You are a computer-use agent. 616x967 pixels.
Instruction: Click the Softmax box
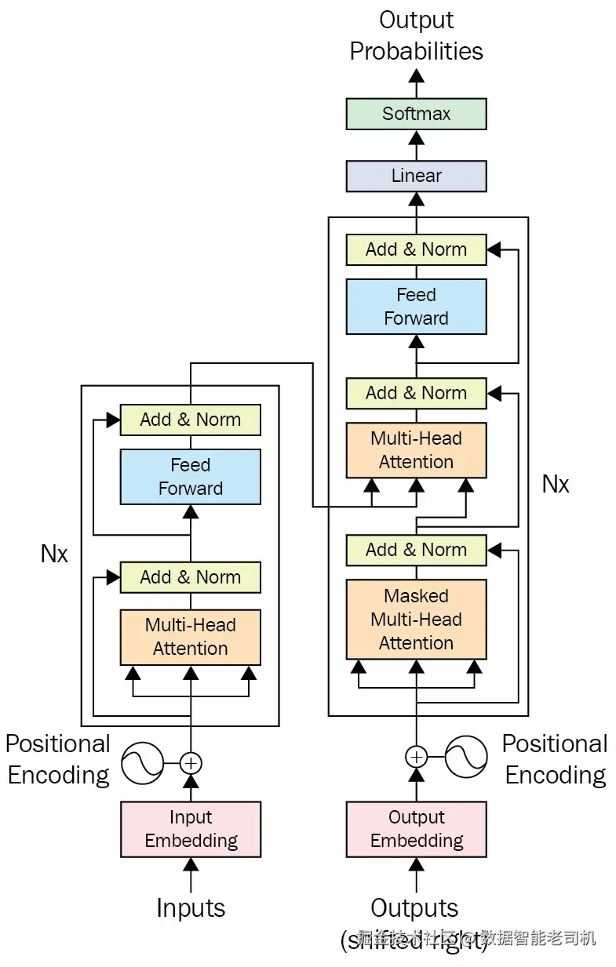click(x=416, y=114)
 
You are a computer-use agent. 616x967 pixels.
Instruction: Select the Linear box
click(x=416, y=176)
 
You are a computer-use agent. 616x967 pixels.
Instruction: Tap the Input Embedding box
click(x=191, y=829)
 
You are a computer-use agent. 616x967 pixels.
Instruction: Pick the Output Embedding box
click(x=416, y=829)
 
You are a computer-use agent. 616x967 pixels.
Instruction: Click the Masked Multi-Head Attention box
click(x=416, y=620)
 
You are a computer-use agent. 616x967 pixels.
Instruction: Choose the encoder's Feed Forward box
click(x=191, y=477)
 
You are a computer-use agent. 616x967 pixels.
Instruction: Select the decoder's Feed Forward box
click(x=416, y=307)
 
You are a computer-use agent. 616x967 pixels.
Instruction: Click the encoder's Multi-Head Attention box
click(x=191, y=637)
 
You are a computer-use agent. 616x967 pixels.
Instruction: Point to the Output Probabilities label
click(x=416, y=35)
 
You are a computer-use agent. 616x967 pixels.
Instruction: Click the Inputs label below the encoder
click(x=191, y=907)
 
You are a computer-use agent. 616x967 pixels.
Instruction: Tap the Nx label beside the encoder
click(x=54, y=554)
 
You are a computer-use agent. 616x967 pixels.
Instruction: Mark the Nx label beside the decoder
click(x=556, y=484)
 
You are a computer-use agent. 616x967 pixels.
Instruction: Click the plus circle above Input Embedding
click(x=191, y=762)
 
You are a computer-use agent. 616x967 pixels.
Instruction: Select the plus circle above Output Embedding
click(x=416, y=757)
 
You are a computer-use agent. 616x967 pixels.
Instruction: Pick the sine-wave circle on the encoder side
click(x=142, y=762)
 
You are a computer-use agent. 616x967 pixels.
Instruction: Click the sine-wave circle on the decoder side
click(x=466, y=757)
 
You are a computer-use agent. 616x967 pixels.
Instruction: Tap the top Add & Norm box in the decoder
click(x=416, y=249)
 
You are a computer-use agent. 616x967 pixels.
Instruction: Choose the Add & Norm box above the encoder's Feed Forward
click(x=191, y=420)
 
